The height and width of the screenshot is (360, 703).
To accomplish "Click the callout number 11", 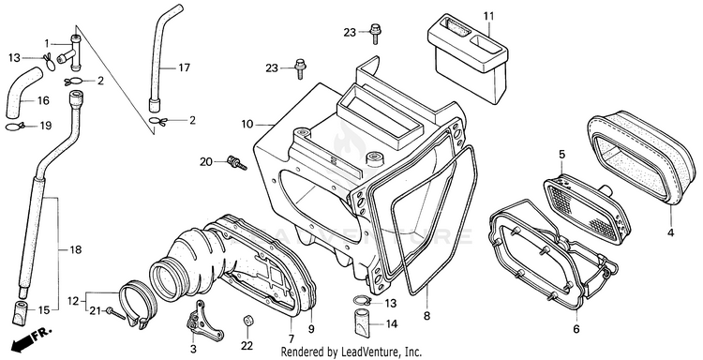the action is [488, 16].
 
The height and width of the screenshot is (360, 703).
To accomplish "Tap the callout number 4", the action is [670, 232].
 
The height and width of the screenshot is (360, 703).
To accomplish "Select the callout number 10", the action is [247, 124].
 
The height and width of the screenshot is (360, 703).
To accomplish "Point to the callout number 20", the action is [206, 162].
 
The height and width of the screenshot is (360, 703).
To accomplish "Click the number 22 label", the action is [247, 346].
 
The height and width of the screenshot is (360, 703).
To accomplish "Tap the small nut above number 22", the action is [247, 321].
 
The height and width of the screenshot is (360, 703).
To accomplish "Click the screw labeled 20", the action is [237, 163].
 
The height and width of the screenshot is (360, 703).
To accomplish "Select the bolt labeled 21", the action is [115, 313].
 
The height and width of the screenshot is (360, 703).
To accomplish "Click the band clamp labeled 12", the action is [138, 304].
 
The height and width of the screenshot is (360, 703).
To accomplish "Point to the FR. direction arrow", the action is [31, 339].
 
